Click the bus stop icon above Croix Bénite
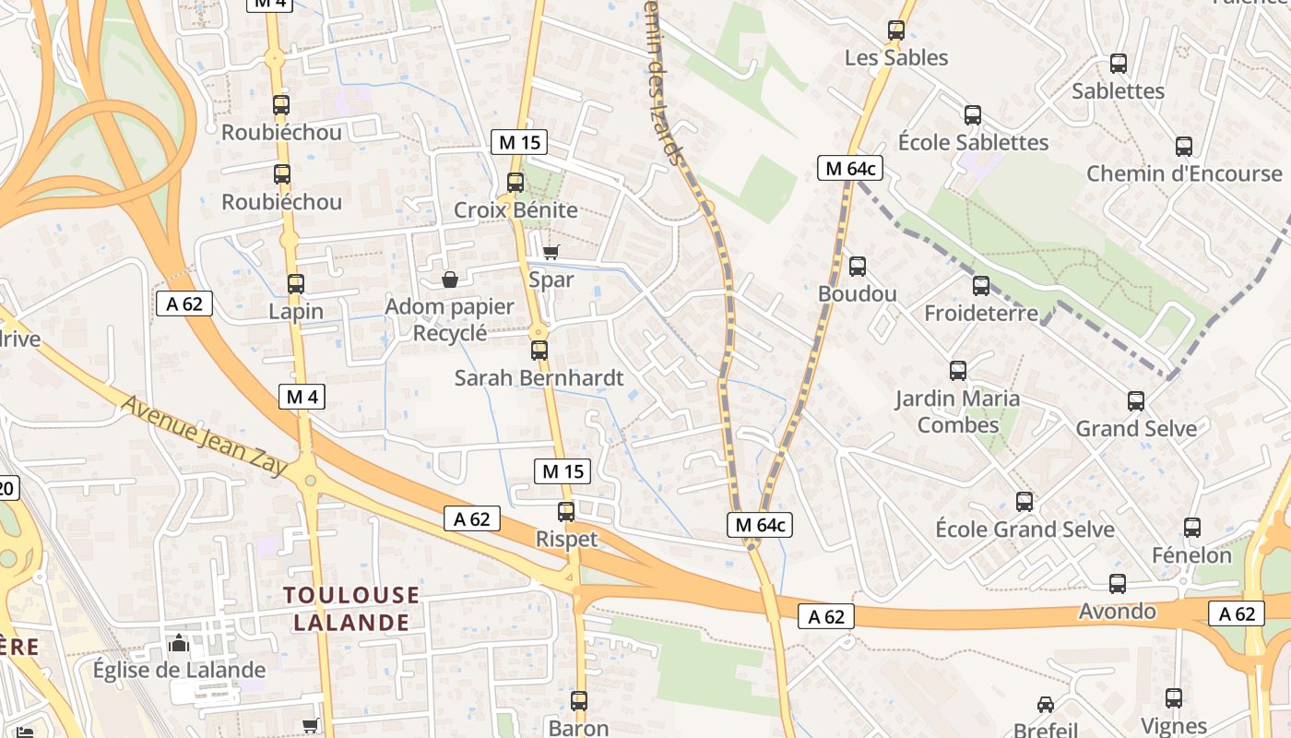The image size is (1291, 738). click(515, 183)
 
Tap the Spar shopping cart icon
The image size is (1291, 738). click(551, 252)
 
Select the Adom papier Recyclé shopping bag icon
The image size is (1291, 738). click(450, 279)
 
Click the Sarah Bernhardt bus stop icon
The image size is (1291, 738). click(539, 351)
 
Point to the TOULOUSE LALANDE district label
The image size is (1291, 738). click(351, 608)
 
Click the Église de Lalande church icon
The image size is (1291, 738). click(179, 643)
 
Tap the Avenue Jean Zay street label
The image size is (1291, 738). click(205, 436)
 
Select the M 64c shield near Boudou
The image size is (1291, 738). click(850, 168)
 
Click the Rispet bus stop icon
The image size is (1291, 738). click(566, 512)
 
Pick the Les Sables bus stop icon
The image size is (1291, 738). click(896, 30)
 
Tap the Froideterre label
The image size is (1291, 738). click(981, 314)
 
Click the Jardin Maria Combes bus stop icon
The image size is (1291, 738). click(958, 371)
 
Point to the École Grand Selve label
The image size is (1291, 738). click(1025, 530)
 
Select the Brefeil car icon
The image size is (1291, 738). click(1045, 705)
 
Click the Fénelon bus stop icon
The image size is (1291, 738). click(1192, 528)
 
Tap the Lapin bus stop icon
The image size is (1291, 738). click(296, 284)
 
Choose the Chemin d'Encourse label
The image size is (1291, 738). click(1184, 173)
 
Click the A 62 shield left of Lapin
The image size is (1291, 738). click(184, 304)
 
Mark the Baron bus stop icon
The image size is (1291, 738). click(579, 701)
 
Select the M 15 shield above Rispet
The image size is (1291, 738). click(563, 471)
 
